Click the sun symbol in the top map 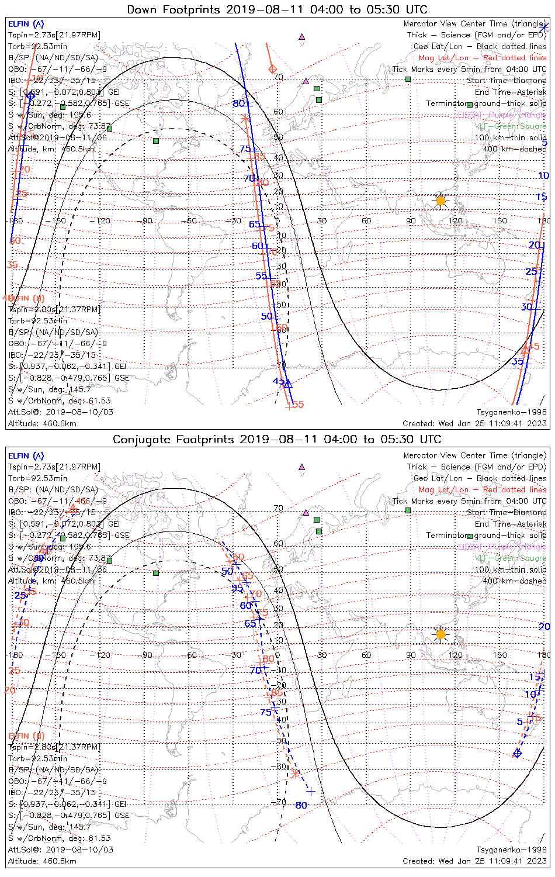[x=440, y=201]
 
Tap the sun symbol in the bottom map [x=440, y=634]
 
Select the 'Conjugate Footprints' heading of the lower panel [x=174, y=439]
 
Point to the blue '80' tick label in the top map [x=238, y=103]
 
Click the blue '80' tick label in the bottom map [x=301, y=805]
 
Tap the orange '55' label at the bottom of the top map [x=298, y=405]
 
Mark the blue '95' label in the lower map [x=237, y=588]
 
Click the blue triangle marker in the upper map [x=287, y=384]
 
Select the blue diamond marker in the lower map [x=517, y=752]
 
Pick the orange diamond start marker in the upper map [x=272, y=70]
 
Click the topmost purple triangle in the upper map [x=302, y=36]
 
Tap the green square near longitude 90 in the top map [x=408, y=79]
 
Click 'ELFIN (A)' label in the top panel [x=26, y=24]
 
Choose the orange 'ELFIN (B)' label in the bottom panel [x=26, y=736]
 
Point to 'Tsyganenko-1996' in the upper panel [x=511, y=412]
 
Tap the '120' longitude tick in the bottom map [x=456, y=655]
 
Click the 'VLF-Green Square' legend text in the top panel [x=510, y=126]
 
